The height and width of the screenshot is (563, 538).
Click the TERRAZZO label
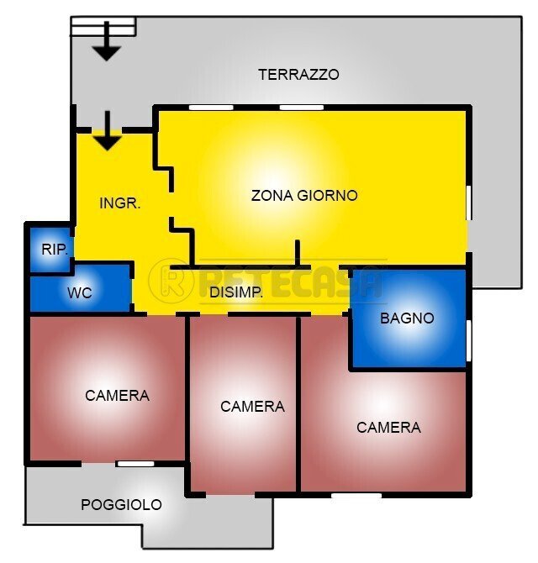[x=298, y=74]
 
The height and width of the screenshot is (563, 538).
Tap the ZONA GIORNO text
[x=304, y=195]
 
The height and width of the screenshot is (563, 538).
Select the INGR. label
[x=119, y=203]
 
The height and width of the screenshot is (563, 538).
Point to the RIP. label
[x=55, y=249]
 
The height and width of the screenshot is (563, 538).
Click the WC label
[x=80, y=294]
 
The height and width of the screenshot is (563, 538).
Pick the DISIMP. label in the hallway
[x=236, y=292]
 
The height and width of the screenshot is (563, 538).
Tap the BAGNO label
[x=407, y=318]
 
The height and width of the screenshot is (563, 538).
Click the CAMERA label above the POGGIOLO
[x=117, y=395]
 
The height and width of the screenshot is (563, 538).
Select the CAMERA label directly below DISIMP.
[x=252, y=406]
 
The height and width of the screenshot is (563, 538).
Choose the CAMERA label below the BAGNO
[x=388, y=427]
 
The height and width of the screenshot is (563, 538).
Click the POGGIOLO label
[x=121, y=504]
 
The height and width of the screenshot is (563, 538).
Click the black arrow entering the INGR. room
[x=106, y=133]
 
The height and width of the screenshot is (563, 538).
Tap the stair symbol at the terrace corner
[x=103, y=27]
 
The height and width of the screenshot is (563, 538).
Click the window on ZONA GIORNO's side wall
[x=468, y=203]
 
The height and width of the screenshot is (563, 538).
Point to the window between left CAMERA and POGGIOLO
[x=134, y=463]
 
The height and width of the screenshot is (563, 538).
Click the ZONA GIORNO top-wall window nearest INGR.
[x=210, y=107]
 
